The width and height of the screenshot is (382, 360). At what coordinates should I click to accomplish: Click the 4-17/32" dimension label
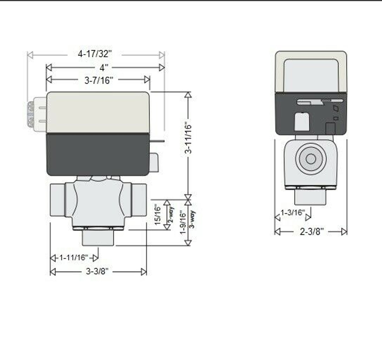(95, 54)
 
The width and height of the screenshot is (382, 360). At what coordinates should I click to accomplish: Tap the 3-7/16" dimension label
(99, 80)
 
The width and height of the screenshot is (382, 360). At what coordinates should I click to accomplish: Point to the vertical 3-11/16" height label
(188, 137)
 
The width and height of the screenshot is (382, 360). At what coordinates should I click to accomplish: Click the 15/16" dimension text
(158, 215)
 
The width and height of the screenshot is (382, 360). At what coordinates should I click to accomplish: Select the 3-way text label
(192, 219)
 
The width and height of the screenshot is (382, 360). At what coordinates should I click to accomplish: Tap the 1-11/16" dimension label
(73, 258)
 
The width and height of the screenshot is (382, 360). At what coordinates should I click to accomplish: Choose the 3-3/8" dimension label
(97, 271)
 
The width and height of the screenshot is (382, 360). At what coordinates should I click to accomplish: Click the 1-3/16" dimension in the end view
(292, 213)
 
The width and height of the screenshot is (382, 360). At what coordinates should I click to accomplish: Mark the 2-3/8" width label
(312, 231)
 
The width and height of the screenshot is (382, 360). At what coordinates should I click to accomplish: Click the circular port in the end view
(310, 159)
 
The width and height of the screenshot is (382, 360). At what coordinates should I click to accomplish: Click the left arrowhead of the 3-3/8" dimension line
(53, 272)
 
